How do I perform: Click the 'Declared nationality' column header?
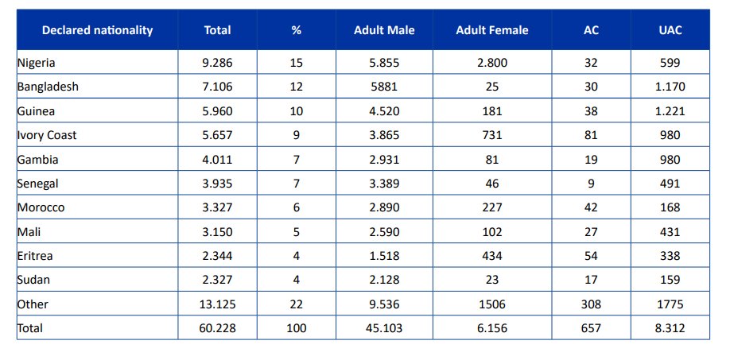pos(97,30)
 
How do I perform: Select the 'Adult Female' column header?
pos(492,30)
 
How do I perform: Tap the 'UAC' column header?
pos(670,30)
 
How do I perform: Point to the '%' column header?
pos(296,30)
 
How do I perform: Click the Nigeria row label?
pos(36,63)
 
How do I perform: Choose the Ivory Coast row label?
pos(47,135)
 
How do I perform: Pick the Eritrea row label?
pos(35,256)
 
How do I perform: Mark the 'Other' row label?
pos(33,304)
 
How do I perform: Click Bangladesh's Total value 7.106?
pos(217,87)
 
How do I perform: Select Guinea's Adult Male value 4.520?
pos(384,111)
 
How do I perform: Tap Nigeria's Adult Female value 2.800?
pos(492,63)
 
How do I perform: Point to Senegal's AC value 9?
pos(592,184)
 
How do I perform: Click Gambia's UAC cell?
pos(670,160)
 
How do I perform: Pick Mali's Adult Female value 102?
pos(492,232)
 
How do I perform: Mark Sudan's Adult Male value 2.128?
pos(384,280)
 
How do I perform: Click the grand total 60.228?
pos(217,328)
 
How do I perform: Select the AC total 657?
pos(592,328)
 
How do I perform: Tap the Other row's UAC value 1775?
pos(670,304)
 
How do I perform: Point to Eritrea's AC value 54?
pos(592,256)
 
